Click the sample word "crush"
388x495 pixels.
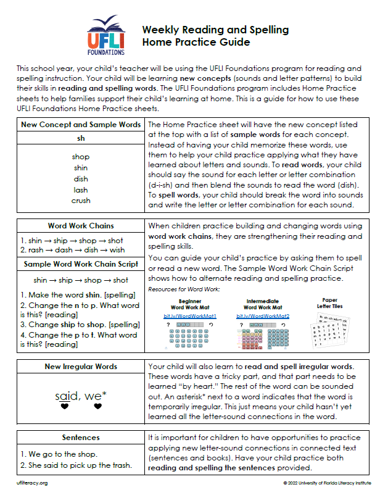[x=81, y=200]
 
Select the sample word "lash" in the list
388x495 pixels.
[x=81, y=189]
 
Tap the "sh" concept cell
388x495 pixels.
[x=81, y=138]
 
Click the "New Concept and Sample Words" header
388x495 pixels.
[x=81, y=125]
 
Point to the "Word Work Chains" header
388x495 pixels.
[x=81, y=226]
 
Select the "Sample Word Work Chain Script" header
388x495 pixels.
[x=81, y=264]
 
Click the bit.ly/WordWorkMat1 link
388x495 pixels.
[x=183, y=316]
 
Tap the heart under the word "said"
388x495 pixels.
[x=64, y=407]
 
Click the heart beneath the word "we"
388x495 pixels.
[x=97, y=407]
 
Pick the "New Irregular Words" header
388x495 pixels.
[x=81, y=367]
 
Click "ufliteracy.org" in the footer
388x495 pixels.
[x=32, y=483]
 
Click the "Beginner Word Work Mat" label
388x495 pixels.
[x=183, y=304]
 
